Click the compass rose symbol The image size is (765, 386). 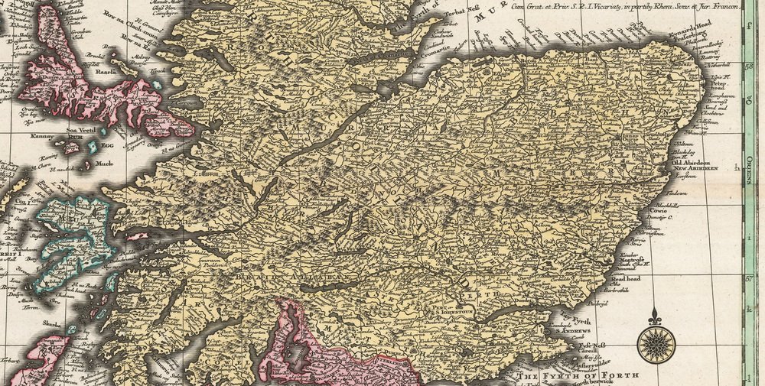(x=656, y=345)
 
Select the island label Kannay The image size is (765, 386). (x=43, y=137)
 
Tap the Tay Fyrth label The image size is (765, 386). (x=582, y=322)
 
